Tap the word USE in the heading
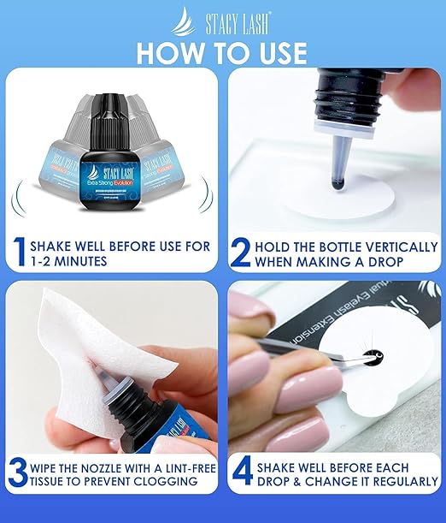(x=276, y=51)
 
